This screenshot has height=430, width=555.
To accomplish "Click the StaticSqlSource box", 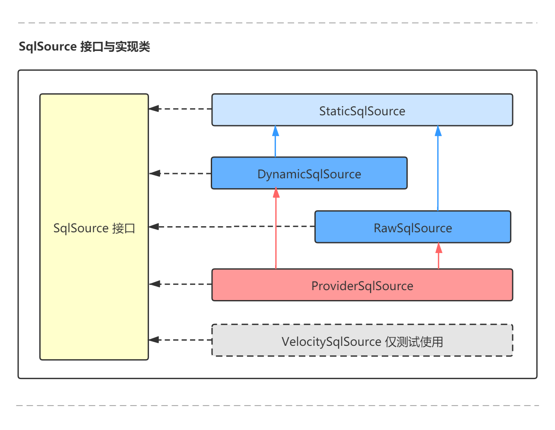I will [362, 111].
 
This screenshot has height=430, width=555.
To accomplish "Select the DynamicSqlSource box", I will [309, 174].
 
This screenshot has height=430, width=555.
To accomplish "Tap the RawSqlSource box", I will [412, 228].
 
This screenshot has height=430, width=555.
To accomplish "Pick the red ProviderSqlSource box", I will [362, 285].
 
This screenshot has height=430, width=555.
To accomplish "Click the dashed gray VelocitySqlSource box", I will [362, 341].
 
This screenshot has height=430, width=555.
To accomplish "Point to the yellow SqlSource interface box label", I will [94, 228].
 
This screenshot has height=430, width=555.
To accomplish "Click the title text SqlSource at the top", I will [48, 47].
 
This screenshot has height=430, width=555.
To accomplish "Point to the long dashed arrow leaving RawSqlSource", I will [233, 227].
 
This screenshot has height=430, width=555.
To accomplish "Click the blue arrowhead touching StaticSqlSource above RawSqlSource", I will [438, 131].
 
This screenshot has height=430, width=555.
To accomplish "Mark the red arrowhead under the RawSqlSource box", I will [439, 248].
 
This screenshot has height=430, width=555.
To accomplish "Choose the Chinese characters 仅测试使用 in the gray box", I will [414, 342].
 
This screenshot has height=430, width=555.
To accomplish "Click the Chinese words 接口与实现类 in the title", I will [115, 47].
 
